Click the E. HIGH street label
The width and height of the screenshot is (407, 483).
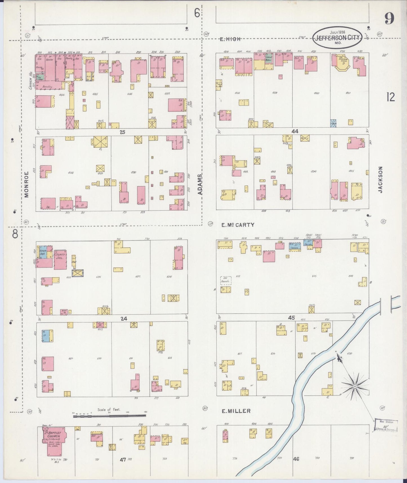pyautogui.click(x=230, y=39)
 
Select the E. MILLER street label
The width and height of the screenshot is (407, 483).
pyautogui.click(x=236, y=411)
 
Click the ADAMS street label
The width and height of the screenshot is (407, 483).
pyautogui.click(x=200, y=185)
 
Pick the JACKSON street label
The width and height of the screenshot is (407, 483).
pyautogui.click(x=381, y=180)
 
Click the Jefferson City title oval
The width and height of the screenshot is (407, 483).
pyautogui.click(x=338, y=37)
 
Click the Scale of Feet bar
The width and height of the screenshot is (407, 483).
pyautogui.click(x=110, y=415)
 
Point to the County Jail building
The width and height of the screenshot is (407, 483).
pyautogui.click(x=60, y=259)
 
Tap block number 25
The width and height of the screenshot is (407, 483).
pyautogui.click(x=122, y=132)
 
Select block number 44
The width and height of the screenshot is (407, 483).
pyautogui.click(x=295, y=131)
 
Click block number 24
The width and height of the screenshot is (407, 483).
pyautogui.click(x=124, y=319)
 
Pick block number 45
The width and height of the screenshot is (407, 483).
pyautogui.click(x=291, y=318)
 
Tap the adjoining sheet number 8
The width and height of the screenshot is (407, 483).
pyautogui.click(x=15, y=234)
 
